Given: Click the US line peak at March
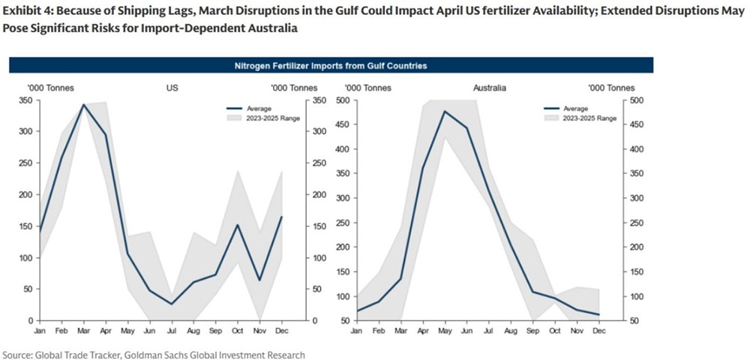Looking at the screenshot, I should click(x=84, y=105).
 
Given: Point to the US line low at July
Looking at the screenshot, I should click(x=171, y=304).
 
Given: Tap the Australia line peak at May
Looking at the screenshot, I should click(x=445, y=112).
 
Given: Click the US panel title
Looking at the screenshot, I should click(x=171, y=88).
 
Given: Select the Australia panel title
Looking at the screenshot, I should click(x=490, y=88).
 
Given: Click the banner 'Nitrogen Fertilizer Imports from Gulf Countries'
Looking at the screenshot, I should click(x=331, y=66).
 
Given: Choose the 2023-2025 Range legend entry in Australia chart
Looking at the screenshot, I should click(x=589, y=118).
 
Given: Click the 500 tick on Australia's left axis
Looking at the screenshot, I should click(x=341, y=100).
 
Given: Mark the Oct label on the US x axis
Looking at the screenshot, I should click(x=237, y=329).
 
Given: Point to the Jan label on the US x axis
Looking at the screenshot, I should click(x=40, y=329).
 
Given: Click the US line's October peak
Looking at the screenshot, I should click(x=237, y=225).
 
